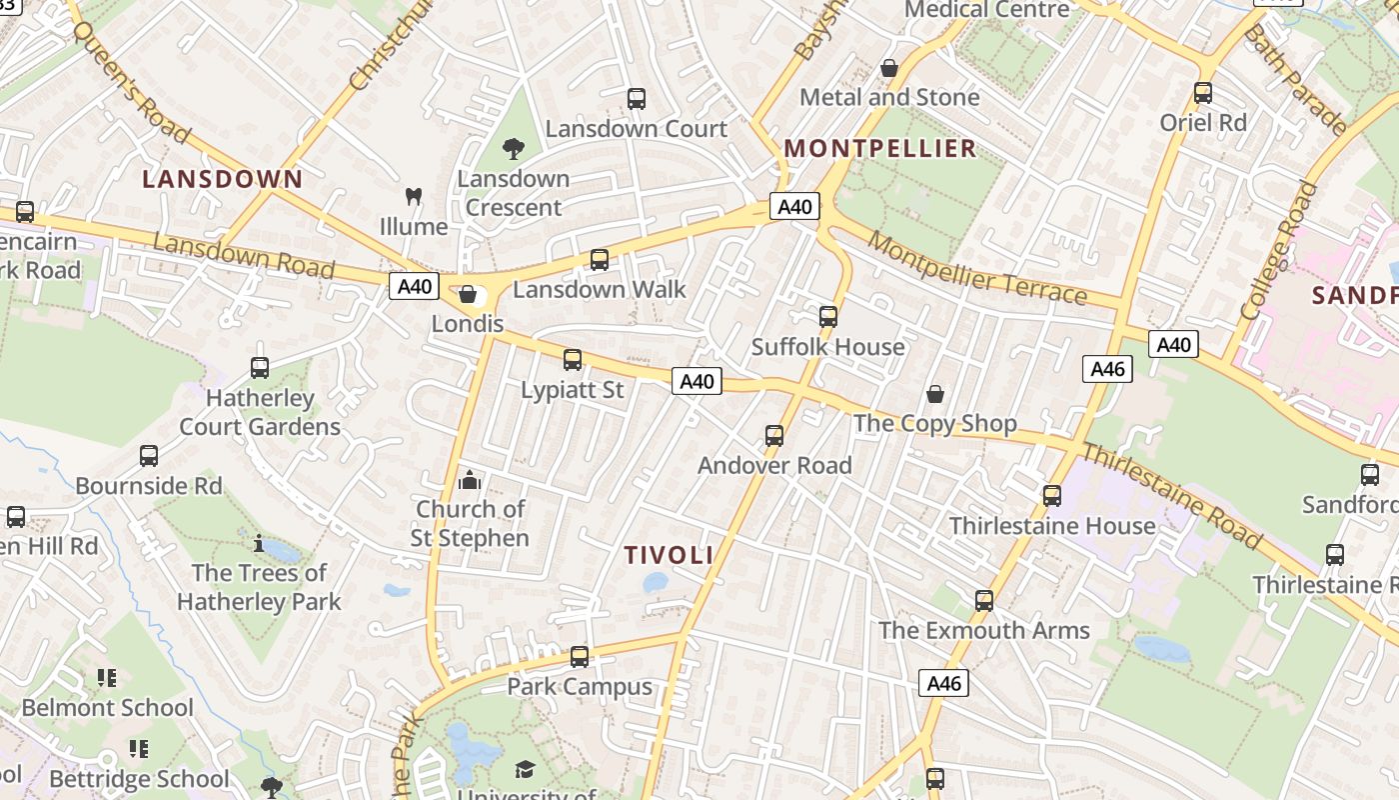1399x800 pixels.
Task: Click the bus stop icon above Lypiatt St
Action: (573, 360)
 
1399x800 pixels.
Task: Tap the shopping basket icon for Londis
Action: (467, 294)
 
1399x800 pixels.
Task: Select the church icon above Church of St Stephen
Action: (470, 481)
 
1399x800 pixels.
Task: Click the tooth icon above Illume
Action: (414, 197)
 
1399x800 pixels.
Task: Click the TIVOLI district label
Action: (669, 555)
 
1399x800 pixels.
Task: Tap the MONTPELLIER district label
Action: (879, 149)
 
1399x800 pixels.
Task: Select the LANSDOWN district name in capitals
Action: (222, 179)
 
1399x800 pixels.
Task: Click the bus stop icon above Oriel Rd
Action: (1203, 94)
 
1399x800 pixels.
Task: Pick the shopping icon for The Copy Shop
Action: (935, 395)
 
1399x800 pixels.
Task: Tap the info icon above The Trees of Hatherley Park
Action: (259, 544)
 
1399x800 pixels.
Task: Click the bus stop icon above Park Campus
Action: (580, 657)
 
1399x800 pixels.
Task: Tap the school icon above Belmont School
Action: (107, 679)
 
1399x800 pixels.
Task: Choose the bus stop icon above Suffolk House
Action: (828, 318)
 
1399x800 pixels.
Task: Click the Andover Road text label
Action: (774, 465)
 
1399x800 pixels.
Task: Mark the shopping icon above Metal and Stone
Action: (889, 68)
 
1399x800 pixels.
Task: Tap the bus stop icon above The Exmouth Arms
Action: (984, 601)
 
